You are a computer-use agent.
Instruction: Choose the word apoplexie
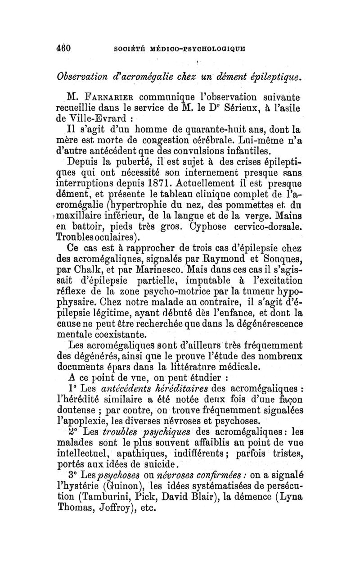point(94,422)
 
